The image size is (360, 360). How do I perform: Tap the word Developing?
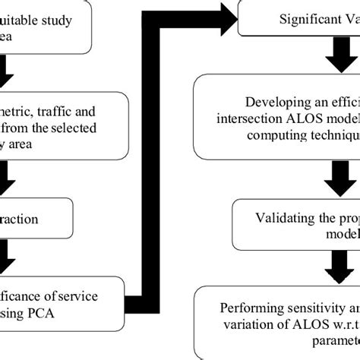pyautogui.click(x=278, y=103)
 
